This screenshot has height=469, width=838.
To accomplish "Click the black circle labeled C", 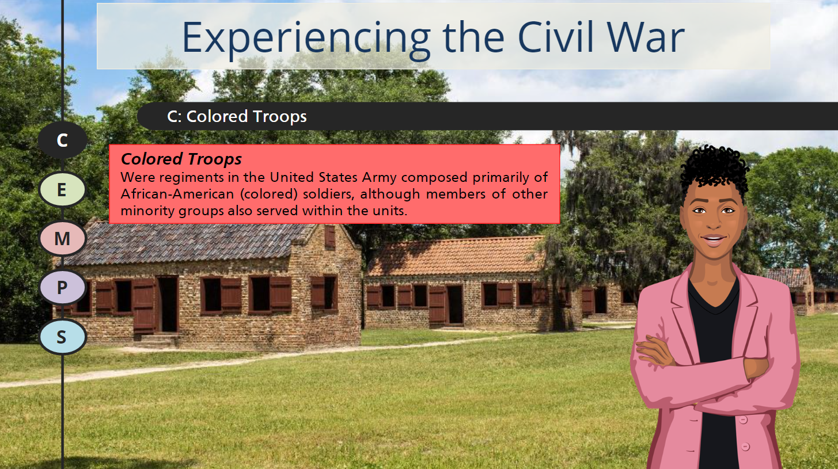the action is (x=62, y=140).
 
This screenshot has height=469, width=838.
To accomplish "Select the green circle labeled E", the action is (x=62, y=189).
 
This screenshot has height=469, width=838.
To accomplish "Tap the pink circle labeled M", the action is (x=62, y=238).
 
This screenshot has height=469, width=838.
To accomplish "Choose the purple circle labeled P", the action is (x=62, y=287).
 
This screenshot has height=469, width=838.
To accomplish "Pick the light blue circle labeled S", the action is (x=62, y=337).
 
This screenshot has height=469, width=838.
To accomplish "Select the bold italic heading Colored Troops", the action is (x=181, y=159).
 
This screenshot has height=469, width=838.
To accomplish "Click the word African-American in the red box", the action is (x=177, y=194).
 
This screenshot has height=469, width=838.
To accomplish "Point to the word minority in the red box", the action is (x=147, y=211).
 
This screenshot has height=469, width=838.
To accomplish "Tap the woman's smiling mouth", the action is (x=714, y=239).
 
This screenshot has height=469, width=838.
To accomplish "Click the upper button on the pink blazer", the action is (x=744, y=420).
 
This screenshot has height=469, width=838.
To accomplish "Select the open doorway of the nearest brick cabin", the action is (x=168, y=304).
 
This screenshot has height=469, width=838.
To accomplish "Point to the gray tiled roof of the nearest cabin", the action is (x=187, y=243).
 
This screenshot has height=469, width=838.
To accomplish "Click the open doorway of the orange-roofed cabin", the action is (x=456, y=304).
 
